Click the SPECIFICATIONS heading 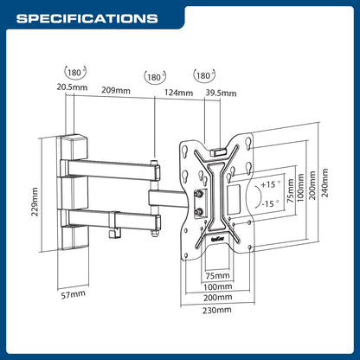pyautogui.click(x=87, y=18)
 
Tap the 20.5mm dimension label pyautogui.click(x=72, y=87)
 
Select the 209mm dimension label pyautogui.click(x=116, y=90)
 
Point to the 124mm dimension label pyautogui.click(x=178, y=93)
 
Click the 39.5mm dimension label pyautogui.click(x=221, y=93)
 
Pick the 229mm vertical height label pyautogui.click(x=35, y=202)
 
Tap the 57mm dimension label pyautogui.click(x=74, y=294)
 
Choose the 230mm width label pyautogui.click(x=217, y=310)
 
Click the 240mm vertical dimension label pyautogui.click(x=325, y=183)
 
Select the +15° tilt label pyautogui.click(x=270, y=184)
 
